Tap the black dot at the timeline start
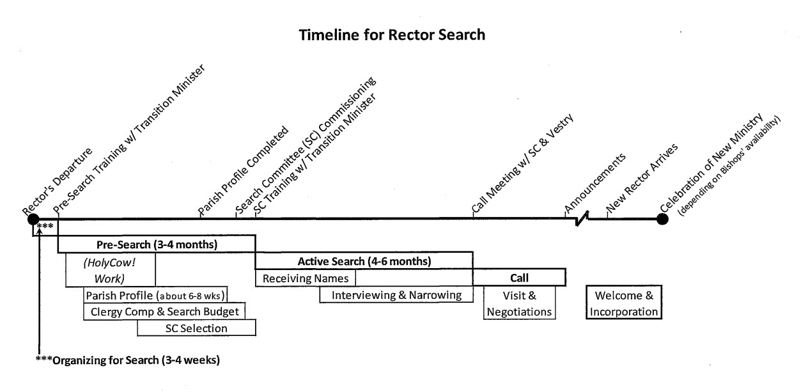33,219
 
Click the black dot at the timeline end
662,219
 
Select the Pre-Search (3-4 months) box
157,244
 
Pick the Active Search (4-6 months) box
364,261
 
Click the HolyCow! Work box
111,269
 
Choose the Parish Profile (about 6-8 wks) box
156,295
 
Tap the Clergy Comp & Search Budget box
164,312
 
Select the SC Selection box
196,328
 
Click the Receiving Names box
305,278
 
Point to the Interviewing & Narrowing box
396,295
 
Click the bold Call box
518,278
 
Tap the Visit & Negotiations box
519,303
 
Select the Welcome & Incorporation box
624,303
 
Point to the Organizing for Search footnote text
128,360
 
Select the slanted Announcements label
594,182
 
